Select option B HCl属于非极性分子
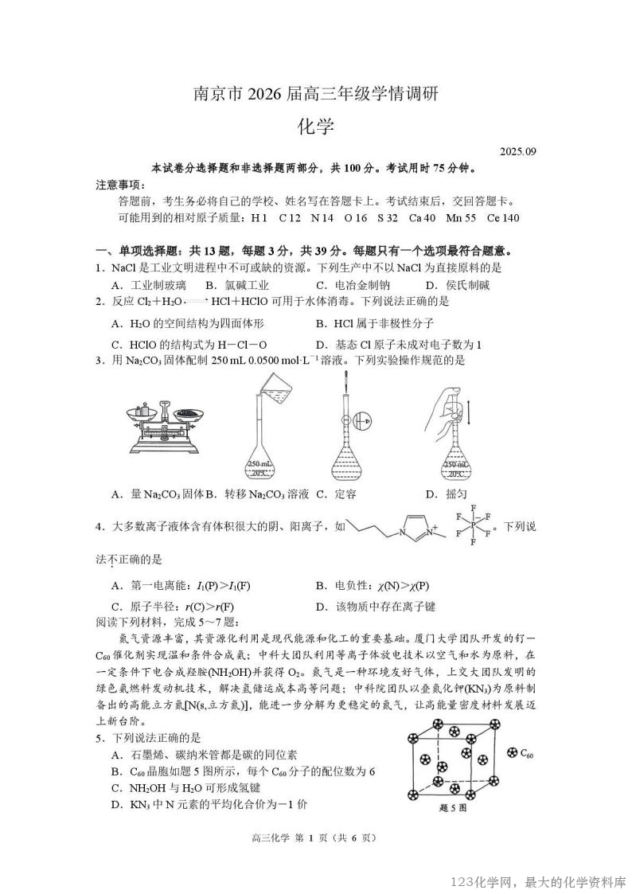380,324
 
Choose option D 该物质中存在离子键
375,607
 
